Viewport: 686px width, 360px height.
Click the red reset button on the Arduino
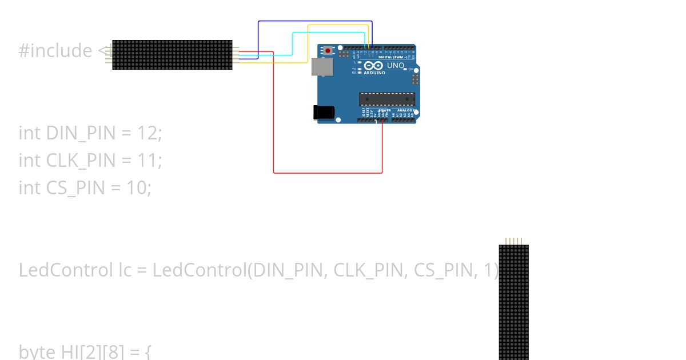click(x=328, y=51)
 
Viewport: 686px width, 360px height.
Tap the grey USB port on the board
click(x=321, y=67)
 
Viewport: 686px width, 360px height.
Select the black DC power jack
click(x=323, y=113)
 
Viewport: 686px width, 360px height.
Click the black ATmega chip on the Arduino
click(x=386, y=99)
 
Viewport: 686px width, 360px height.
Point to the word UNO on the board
click(x=396, y=66)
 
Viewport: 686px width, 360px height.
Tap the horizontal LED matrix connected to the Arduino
click(x=172, y=55)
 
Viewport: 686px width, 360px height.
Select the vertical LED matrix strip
click(x=513, y=303)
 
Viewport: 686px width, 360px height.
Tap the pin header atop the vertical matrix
click(x=513, y=241)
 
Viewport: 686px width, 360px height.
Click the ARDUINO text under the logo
click(x=374, y=73)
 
